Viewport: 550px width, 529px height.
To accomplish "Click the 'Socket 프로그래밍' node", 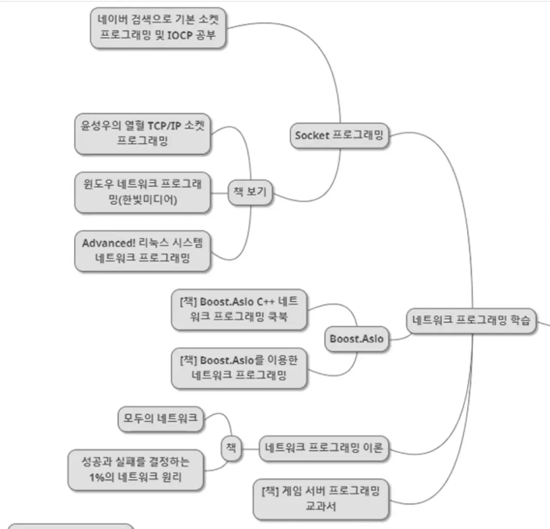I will coord(338,136).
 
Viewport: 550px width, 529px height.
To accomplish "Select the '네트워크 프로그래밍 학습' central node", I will coord(471,320).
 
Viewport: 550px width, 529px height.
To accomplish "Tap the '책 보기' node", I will coord(250,193).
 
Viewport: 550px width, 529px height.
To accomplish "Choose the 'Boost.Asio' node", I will coord(357,339).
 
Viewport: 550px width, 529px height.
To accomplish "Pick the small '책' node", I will coord(231,447).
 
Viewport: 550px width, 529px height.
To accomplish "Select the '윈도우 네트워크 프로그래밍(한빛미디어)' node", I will coord(142,192).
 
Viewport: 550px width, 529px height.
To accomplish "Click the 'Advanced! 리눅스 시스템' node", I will coord(142,251).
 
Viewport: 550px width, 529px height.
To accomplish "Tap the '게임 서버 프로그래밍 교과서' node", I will coord(320,499).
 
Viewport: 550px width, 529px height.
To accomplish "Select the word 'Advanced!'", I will coord(108,244).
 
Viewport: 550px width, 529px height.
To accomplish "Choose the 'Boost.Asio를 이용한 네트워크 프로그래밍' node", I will coord(239,367).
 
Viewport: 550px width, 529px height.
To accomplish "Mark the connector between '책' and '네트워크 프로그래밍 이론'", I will coord(250,448).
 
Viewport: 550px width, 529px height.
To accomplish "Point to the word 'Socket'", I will coord(311,136).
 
